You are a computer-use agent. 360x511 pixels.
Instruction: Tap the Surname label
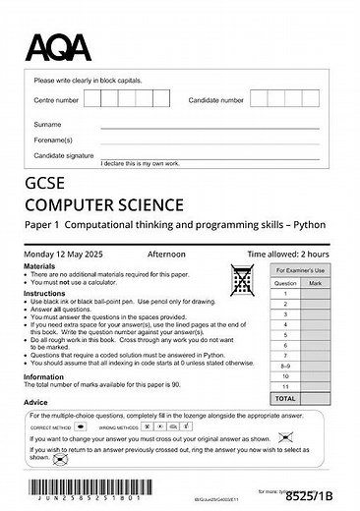click(47, 125)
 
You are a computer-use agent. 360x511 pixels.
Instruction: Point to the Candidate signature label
click(64, 155)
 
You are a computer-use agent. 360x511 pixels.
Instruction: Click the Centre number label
click(56, 100)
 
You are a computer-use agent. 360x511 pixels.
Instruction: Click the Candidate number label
click(216, 100)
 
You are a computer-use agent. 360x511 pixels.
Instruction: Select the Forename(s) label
click(53, 140)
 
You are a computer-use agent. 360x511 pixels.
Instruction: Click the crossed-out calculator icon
click(241, 280)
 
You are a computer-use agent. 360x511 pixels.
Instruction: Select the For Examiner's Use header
click(299, 268)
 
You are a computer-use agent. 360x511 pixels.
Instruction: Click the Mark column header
click(315, 282)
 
